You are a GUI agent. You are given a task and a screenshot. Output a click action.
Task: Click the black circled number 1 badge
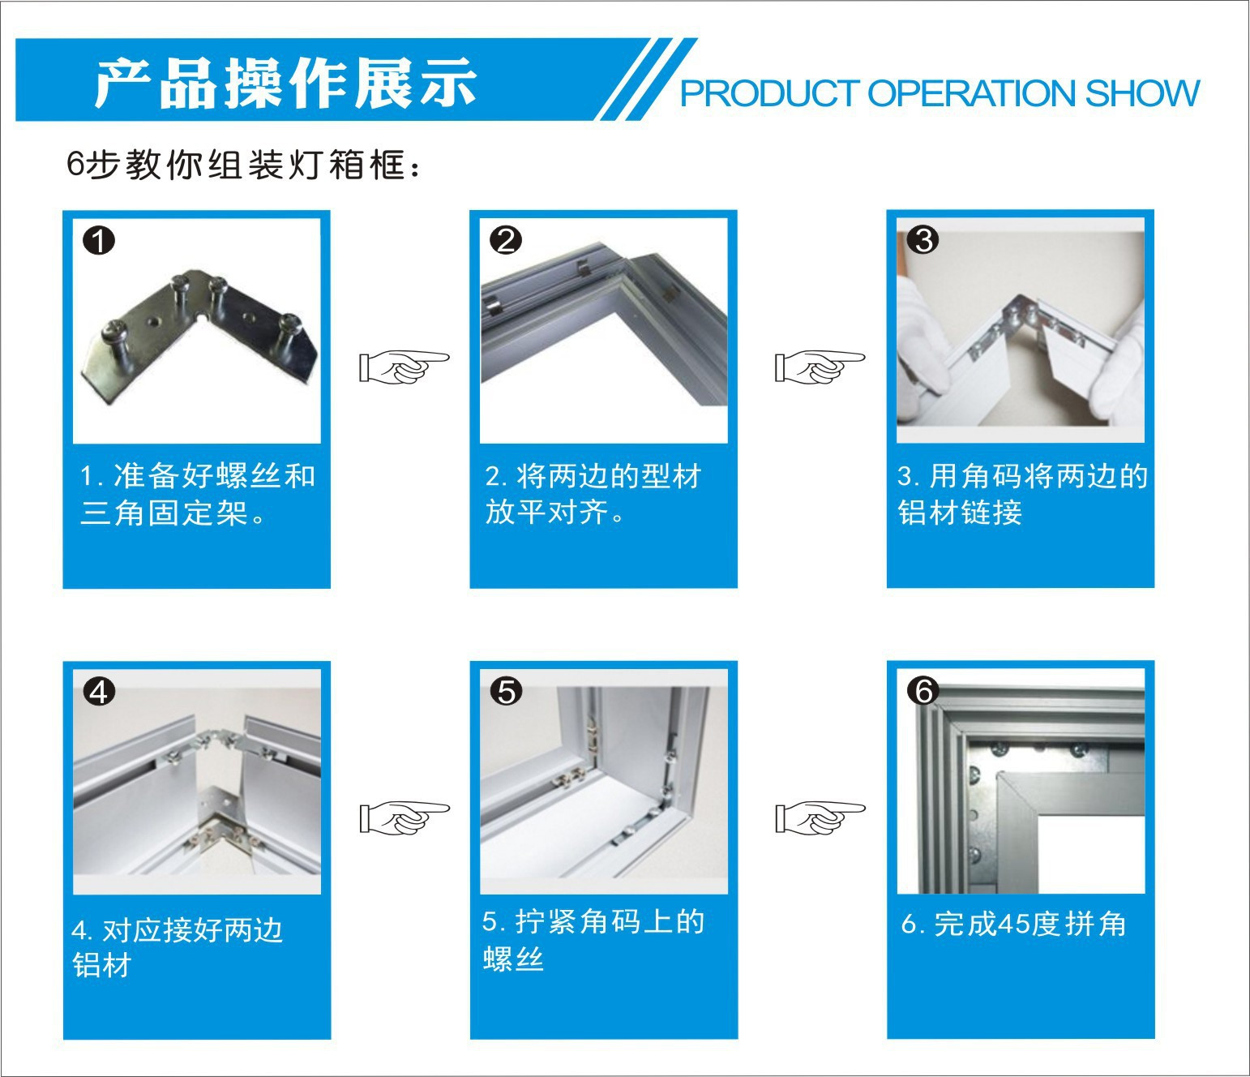(99, 240)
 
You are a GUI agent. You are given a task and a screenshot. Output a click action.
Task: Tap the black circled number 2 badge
(506, 240)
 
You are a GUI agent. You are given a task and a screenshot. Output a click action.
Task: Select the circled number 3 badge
(923, 240)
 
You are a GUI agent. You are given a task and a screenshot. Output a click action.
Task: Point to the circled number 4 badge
(99, 692)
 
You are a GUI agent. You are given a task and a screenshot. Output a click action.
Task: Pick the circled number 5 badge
(506, 692)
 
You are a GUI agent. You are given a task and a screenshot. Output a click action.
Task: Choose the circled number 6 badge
(923, 692)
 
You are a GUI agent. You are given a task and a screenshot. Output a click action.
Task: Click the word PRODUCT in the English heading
(769, 93)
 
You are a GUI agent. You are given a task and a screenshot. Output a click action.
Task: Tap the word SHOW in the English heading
(1141, 93)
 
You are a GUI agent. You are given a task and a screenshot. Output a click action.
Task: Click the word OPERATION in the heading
(972, 93)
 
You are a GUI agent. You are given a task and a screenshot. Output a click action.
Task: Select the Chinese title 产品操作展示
(285, 83)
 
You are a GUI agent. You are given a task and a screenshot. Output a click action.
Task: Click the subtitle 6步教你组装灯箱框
(242, 165)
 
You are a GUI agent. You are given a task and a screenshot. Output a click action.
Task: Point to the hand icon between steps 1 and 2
(404, 367)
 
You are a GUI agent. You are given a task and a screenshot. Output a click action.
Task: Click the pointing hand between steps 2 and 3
(820, 366)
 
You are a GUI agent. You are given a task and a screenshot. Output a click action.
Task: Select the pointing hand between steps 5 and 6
(820, 817)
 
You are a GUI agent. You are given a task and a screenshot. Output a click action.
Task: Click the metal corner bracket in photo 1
(199, 337)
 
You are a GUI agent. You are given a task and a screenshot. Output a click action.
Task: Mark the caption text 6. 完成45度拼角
(1013, 924)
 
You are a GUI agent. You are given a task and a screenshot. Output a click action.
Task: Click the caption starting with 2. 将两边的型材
(593, 494)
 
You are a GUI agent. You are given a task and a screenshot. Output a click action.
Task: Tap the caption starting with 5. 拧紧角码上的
(593, 940)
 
